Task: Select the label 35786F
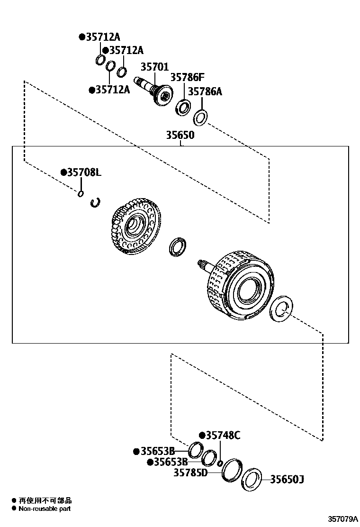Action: (187, 77)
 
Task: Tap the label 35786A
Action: (205, 91)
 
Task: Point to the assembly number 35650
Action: (180, 135)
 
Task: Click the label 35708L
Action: (83, 173)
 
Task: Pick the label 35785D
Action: (190, 472)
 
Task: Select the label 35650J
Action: (287, 480)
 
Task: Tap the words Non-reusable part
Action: (45, 509)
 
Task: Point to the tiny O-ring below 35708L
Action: (81, 193)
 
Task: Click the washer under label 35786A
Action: (200, 117)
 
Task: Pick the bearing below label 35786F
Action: (182, 107)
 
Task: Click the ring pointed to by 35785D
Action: (232, 470)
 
